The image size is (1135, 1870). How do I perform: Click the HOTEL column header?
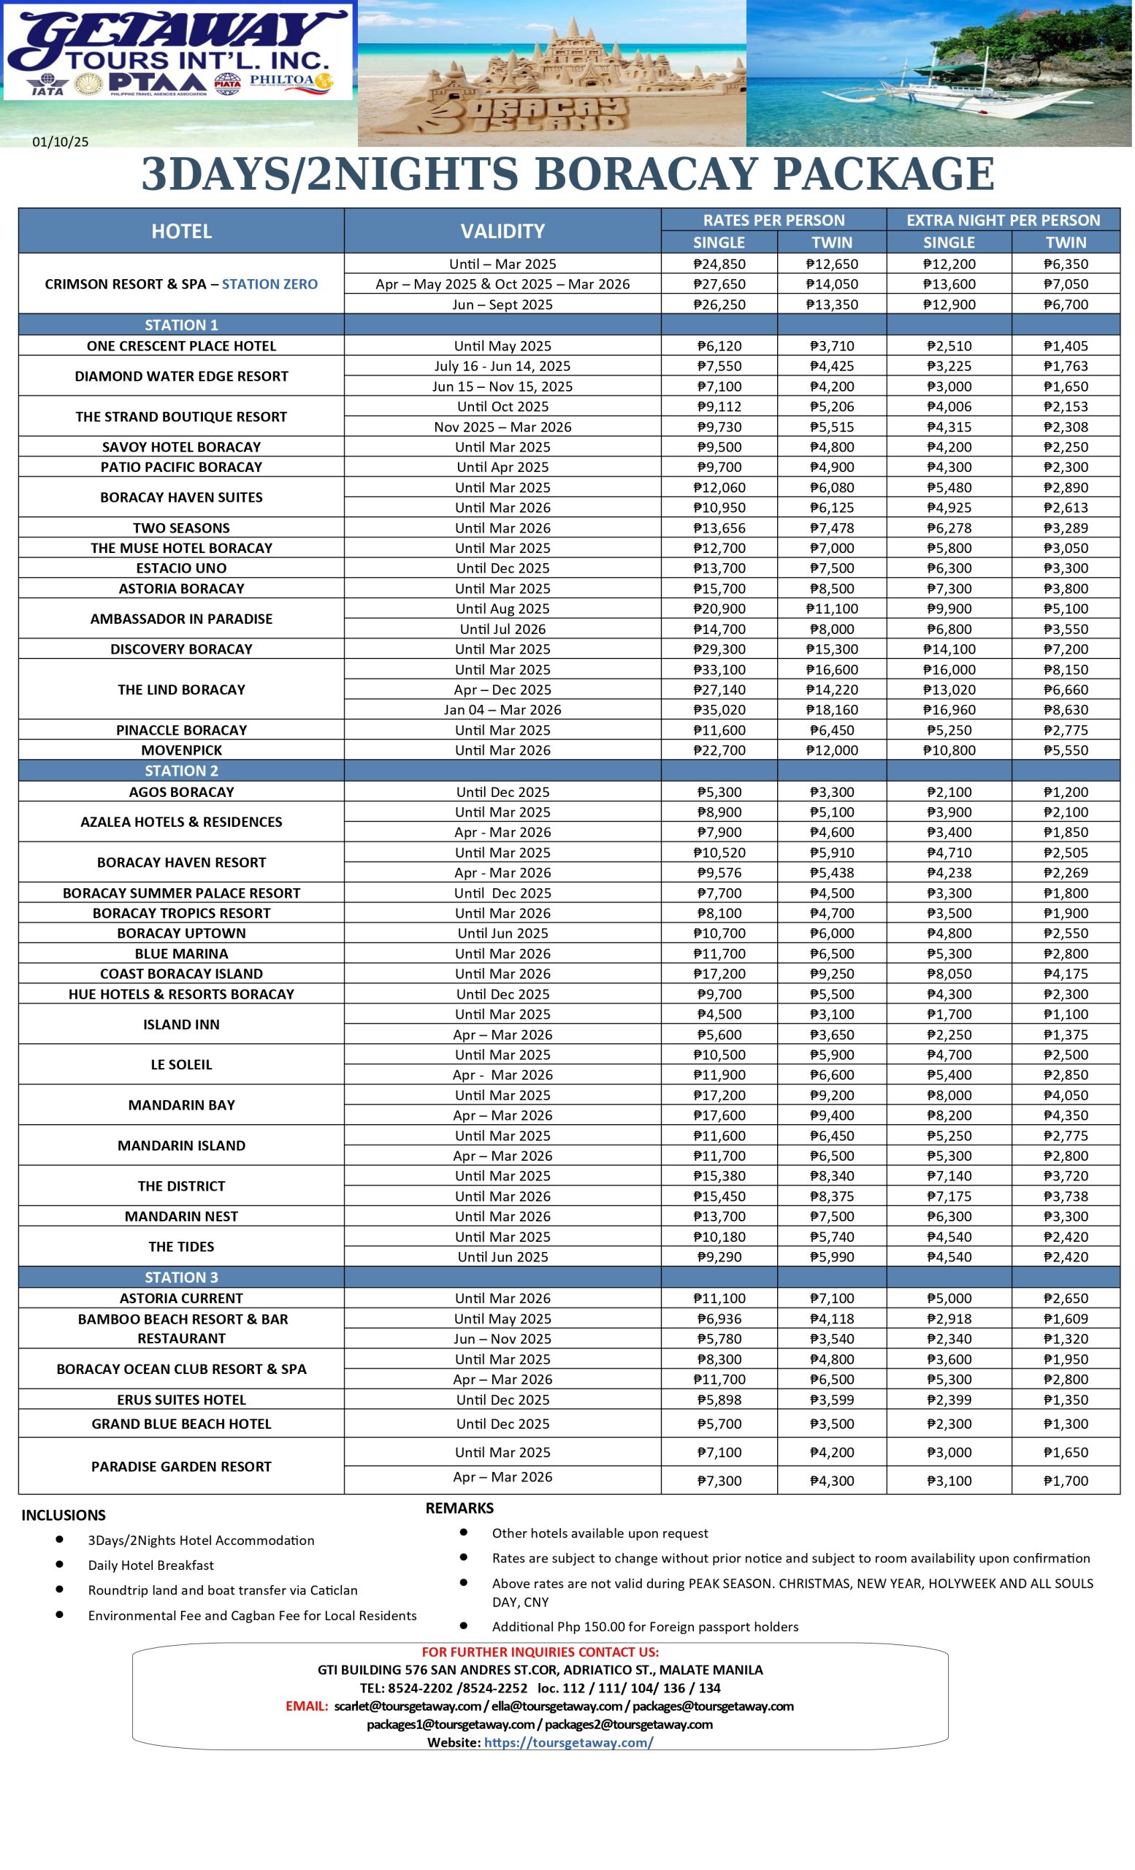(181, 231)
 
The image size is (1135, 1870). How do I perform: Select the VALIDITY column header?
(502, 231)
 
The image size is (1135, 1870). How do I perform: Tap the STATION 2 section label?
(181, 771)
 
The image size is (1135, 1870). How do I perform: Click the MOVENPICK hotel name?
(181, 749)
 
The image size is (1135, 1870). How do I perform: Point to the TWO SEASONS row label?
(181, 527)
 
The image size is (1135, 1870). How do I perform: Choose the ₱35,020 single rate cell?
(719, 709)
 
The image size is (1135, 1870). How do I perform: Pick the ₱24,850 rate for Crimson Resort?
(719, 264)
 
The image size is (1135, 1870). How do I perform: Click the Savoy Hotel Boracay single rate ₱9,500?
(719, 447)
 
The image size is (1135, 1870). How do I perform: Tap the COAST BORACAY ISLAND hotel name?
(181, 974)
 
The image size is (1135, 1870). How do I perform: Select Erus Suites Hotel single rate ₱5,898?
(719, 1400)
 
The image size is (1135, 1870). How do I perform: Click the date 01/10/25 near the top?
(60, 142)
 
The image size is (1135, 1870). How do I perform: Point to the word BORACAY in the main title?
(646, 174)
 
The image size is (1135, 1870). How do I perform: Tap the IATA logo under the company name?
(47, 83)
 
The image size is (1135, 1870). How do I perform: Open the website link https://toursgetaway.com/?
(568, 1742)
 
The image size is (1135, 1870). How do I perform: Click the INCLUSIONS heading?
(63, 1515)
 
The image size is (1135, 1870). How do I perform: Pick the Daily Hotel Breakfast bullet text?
(151, 1565)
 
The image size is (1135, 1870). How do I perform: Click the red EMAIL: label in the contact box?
(307, 1706)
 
